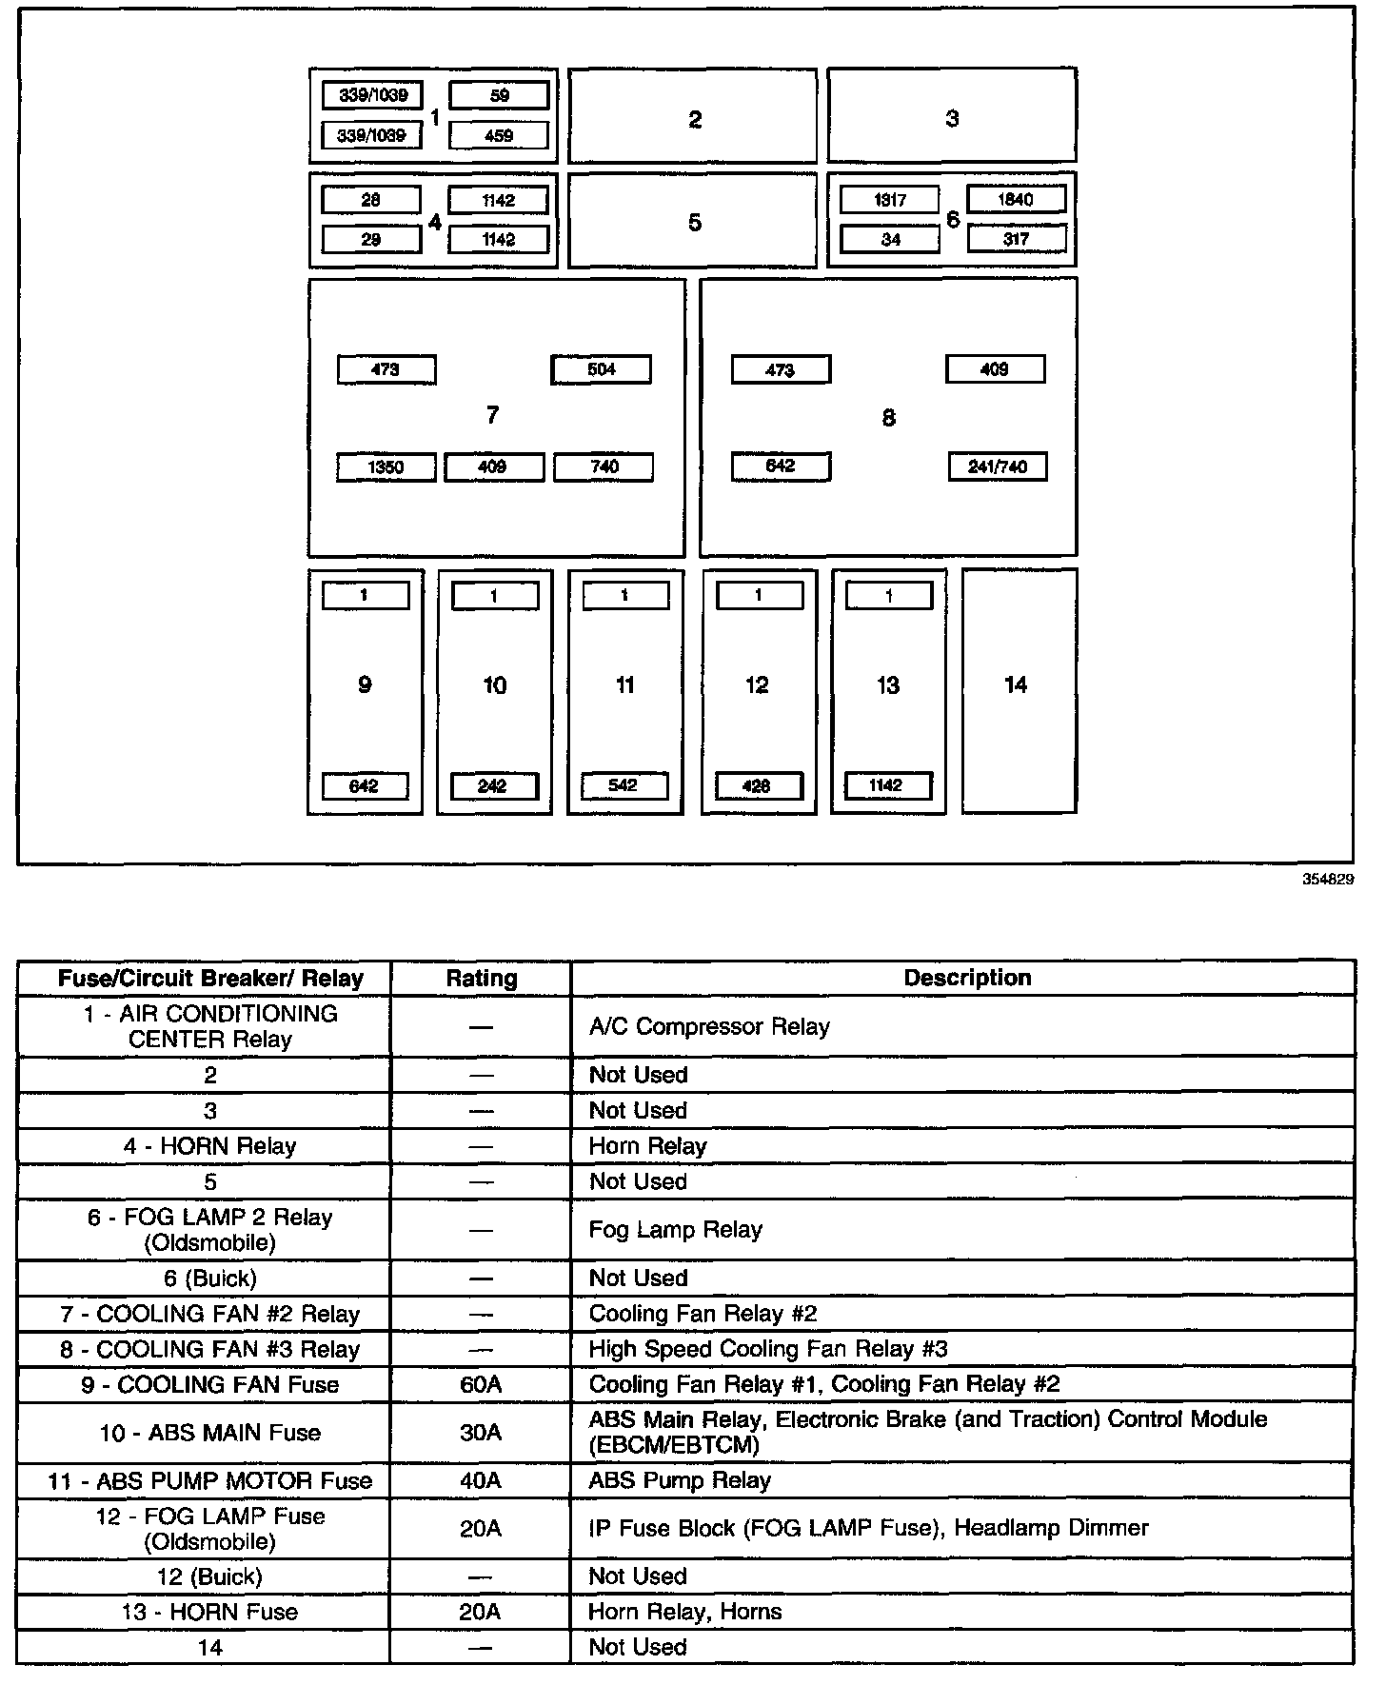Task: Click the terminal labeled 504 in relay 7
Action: [x=601, y=369]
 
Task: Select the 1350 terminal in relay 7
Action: [x=386, y=467]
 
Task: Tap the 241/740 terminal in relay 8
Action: [x=998, y=466]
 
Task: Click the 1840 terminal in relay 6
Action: [x=1016, y=200]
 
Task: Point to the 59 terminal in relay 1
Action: [x=499, y=95]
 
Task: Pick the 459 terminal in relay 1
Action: [x=499, y=135]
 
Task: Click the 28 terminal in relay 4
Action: [x=371, y=200]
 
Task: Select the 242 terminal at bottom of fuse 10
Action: [x=493, y=786]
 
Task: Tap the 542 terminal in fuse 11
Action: [x=624, y=785]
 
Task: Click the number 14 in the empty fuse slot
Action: [x=1016, y=684]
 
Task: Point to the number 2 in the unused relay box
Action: [x=695, y=119]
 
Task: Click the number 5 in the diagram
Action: [x=695, y=223]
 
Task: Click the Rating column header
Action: [x=482, y=979]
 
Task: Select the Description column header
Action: [x=967, y=978]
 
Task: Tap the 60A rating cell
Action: [x=481, y=1384]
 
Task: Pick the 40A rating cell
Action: [x=481, y=1480]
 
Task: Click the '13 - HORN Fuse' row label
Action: [x=210, y=1612]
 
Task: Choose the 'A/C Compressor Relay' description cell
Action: [x=709, y=1026]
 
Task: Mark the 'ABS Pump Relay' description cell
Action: [x=680, y=1480]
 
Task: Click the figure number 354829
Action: [x=1328, y=880]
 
